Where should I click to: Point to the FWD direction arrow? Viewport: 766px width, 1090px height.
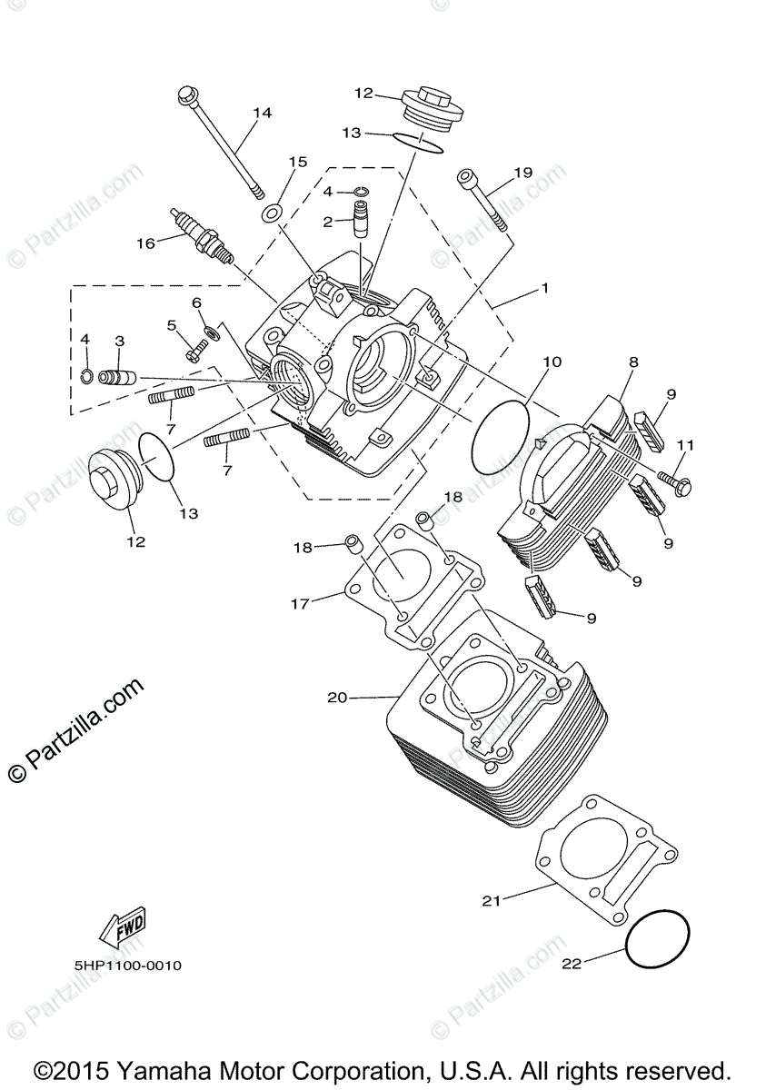point(120,927)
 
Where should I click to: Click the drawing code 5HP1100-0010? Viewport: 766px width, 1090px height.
point(129,966)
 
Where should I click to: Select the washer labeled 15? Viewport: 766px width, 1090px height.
point(271,214)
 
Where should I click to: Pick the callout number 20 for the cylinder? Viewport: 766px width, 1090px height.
point(337,698)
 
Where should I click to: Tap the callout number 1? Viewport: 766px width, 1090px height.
point(544,288)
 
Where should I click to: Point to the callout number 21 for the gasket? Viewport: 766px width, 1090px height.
point(491,900)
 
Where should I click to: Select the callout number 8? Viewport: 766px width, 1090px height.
point(633,362)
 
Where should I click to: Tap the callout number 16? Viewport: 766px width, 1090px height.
point(145,243)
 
